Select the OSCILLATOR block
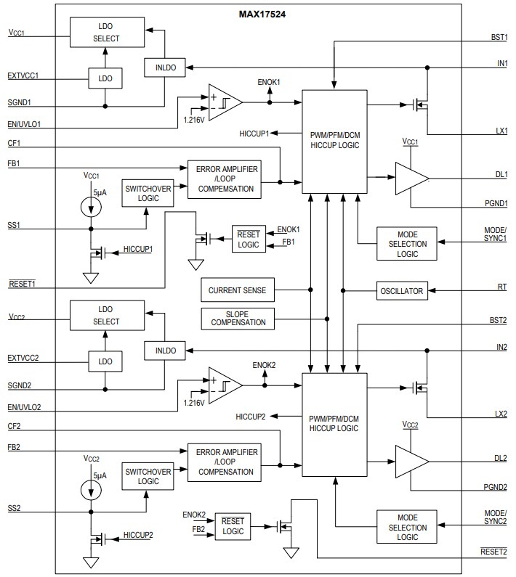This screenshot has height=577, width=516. pos(401,290)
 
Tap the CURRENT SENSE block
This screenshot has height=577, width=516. pos(237,290)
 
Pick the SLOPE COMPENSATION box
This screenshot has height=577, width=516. pos(237,318)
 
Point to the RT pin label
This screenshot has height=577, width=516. pos(502,287)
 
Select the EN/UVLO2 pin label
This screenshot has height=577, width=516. pos(24,407)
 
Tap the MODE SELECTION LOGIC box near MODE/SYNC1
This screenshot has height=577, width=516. pos(407,243)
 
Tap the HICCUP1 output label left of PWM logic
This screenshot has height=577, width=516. pos(254,134)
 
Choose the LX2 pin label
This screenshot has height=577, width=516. pos(500,414)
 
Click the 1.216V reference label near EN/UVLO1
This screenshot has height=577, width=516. pos(193,118)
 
